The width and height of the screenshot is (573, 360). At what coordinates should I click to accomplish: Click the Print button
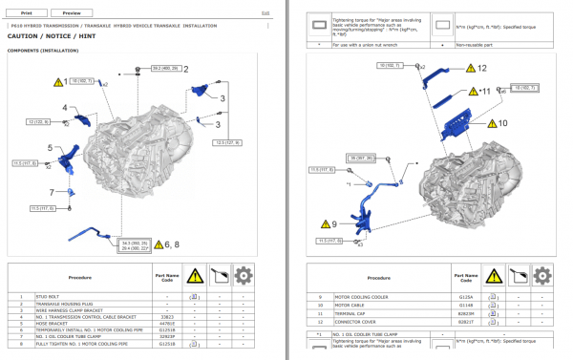(x=25, y=13)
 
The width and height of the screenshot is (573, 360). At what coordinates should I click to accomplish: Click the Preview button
(x=72, y=13)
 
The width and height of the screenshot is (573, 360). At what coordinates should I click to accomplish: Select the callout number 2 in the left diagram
(x=186, y=68)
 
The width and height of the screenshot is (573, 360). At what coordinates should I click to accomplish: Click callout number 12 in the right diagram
(x=482, y=68)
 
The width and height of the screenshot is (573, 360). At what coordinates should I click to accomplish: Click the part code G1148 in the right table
(x=467, y=304)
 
